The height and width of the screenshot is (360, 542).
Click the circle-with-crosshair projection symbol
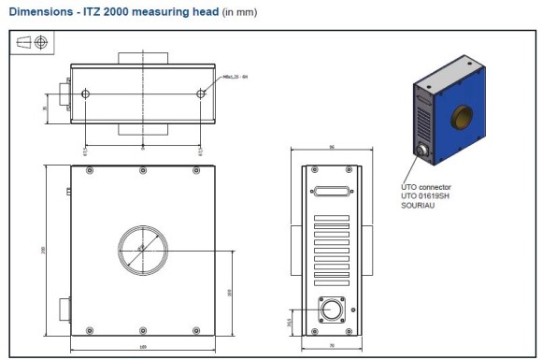click(41, 43)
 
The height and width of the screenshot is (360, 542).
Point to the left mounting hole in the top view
click(86, 94)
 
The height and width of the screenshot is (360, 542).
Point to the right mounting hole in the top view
click(201, 94)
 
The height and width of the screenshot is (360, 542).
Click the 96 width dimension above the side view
click(332, 148)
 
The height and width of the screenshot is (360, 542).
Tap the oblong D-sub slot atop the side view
click(332, 192)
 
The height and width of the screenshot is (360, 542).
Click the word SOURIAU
click(417, 206)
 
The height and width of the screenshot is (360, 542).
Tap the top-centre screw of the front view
click(142, 169)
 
